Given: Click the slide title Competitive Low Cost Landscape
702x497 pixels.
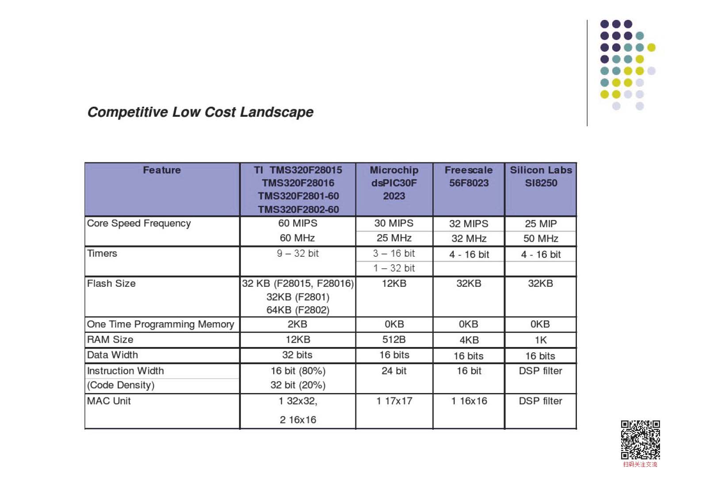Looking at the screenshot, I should click(200, 112).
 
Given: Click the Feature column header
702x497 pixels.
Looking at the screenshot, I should click(162, 170).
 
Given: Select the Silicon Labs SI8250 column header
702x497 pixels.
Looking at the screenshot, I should click(541, 177).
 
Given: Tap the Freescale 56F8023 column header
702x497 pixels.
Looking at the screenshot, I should click(469, 177).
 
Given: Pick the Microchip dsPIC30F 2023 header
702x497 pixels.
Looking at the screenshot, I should click(394, 183).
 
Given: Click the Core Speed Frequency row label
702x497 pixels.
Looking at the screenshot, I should click(139, 223).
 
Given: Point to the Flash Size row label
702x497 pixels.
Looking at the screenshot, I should click(111, 284).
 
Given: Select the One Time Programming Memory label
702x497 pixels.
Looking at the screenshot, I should click(160, 324).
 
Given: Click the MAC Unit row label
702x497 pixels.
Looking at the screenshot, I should click(109, 401).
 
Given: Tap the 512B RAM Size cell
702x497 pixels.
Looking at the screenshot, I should click(394, 340).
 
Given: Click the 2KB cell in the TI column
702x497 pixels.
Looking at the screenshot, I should click(298, 324).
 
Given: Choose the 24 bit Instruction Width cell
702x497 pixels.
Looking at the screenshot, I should click(394, 371).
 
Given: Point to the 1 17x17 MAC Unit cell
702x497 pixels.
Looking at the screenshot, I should click(394, 401).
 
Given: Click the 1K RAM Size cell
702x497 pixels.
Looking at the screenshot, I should click(541, 340).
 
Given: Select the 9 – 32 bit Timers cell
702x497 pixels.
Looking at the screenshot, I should click(298, 254).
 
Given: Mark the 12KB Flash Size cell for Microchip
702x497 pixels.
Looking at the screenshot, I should click(394, 284).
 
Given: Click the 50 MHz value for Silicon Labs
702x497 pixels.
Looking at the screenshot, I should click(541, 239).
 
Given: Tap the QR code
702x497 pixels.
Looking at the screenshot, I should click(640, 440).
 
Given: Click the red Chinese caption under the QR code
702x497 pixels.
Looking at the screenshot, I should click(640, 465).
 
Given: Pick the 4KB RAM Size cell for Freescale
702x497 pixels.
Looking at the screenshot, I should click(469, 340).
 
